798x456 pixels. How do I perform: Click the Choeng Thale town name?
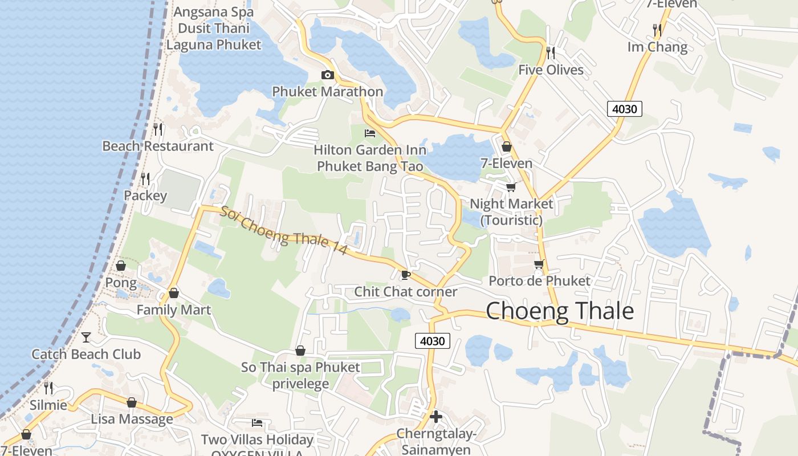tap(560, 311)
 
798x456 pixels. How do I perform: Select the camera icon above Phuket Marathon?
tap(327, 75)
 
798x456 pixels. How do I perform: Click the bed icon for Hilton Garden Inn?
tap(370, 133)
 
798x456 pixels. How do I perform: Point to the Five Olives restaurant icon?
tap(551, 53)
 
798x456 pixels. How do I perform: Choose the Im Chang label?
tap(657, 47)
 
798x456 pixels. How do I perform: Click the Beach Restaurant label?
tap(158, 146)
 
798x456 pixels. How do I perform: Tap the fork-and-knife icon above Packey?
tap(145, 179)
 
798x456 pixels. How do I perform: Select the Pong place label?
tap(121, 283)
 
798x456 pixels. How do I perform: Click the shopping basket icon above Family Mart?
tap(174, 293)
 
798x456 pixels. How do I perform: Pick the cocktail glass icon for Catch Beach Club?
tap(86, 337)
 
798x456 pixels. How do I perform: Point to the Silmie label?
tap(48, 405)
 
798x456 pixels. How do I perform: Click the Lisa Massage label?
tap(132, 419)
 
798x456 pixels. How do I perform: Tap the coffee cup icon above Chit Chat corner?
tap(405, 275)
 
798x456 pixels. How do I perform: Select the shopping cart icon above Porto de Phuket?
tap(539, 264)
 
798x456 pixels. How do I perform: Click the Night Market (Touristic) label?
tap(511, 211)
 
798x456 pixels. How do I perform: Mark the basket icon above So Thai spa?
tap(300, 350)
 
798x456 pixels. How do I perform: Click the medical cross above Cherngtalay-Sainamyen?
tap(436, 417)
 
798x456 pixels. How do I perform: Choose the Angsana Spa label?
tap(214, 12)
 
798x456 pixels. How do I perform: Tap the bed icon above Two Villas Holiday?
tap(257, 423)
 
